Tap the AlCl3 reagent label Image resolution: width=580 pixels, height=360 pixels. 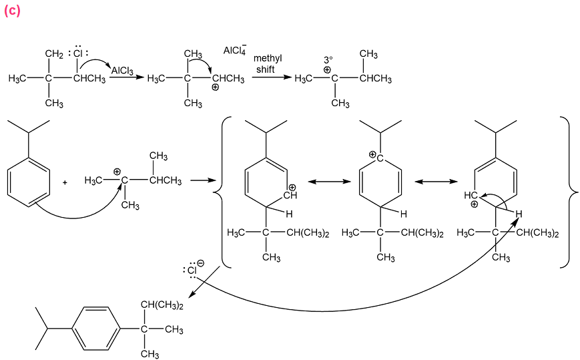coord(122,70)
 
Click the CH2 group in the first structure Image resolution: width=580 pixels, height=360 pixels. coord(53,53)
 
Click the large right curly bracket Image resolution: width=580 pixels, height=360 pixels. coord(565,192)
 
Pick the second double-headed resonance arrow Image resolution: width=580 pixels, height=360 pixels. coord(436,181)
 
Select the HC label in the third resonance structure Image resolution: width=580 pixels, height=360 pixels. coord(471,196)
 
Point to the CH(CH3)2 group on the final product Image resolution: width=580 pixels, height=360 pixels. coord(162,305)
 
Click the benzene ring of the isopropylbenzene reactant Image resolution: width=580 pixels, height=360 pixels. coord(29,181)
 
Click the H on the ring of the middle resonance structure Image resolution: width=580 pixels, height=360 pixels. coord(403,214)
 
